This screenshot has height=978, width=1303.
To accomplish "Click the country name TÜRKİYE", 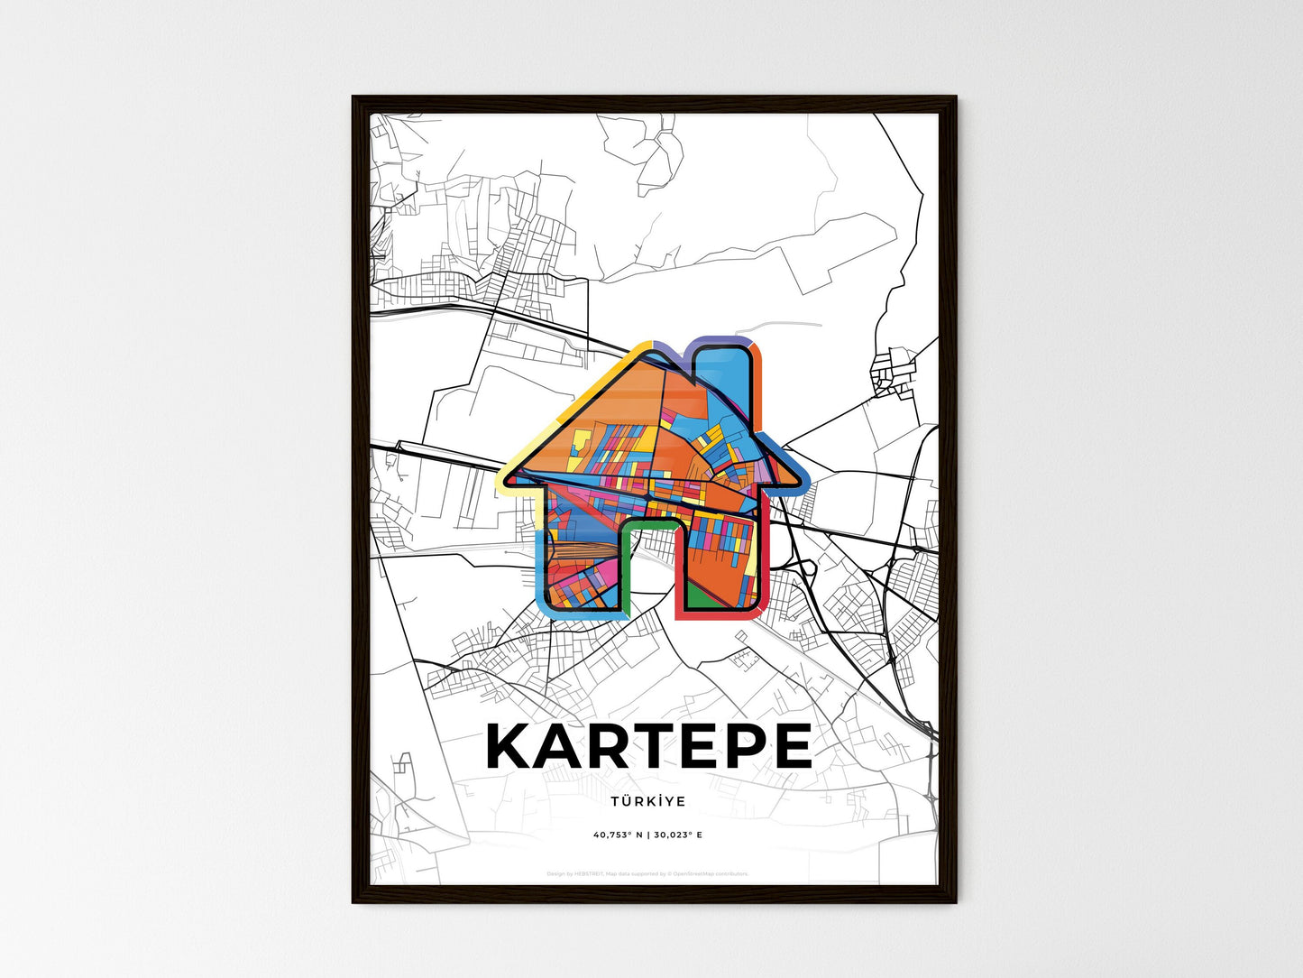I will (x=647, y=801).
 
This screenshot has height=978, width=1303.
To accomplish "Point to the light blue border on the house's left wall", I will (x=538, y=568).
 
